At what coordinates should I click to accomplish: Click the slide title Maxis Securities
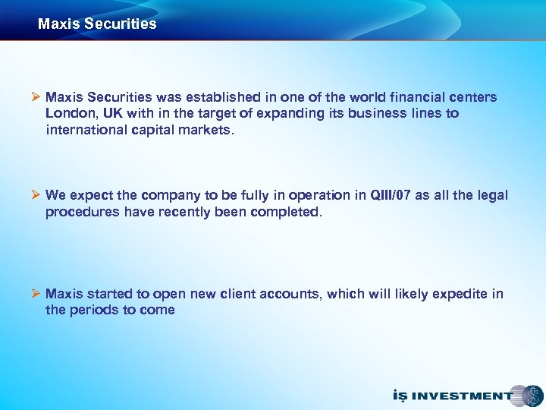pyautogui.click(x=97, y=24)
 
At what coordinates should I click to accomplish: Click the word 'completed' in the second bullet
pyautogui.click(x=287, y=212)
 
